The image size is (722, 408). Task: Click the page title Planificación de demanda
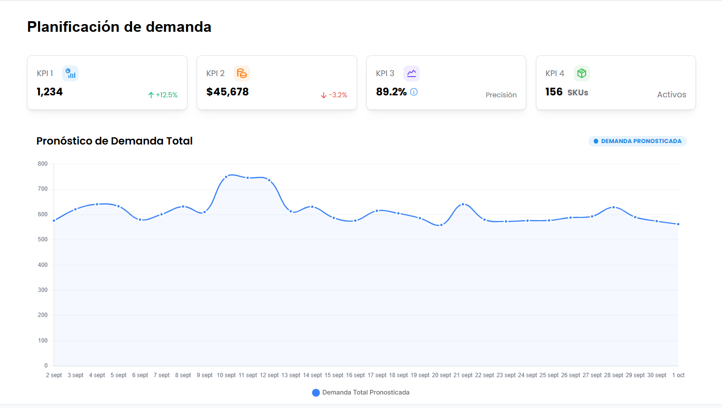tap(119, 27)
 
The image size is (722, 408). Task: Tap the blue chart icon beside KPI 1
tap(70, 73)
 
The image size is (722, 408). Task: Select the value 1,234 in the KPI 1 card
tap(50, 92)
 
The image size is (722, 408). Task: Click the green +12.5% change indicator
tap(163, 95)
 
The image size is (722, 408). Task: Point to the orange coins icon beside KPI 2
tap(241, 73)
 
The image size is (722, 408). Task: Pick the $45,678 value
tap(227, 92)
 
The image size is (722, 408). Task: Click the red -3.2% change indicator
tap(334, 95)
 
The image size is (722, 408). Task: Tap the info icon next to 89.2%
tap(414, 92)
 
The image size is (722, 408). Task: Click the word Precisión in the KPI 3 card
tap(501, 95)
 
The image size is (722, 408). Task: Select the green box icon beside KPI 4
tap(581, 73)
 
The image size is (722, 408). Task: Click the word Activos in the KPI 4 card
tap(671, 94)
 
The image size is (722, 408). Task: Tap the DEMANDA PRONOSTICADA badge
tap(637, 141)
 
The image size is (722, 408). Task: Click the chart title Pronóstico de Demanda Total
tap(114, 141)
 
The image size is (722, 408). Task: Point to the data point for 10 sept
tap(226, 177)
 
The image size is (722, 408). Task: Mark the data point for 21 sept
tap(463, 204)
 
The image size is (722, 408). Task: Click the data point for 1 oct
tap(678, 224)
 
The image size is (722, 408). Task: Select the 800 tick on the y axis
tap(43, 164)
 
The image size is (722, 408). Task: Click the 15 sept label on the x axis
tap(334, 375)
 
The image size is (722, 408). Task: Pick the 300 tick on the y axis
tap(43, 290)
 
